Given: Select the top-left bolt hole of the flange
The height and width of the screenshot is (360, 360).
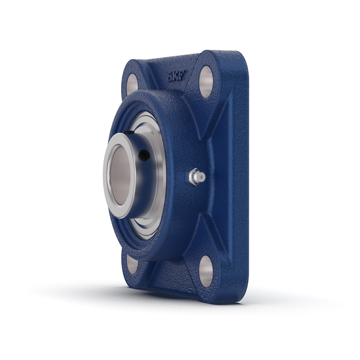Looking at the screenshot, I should point(132,83).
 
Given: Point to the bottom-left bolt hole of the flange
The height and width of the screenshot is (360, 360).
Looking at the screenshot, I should point(132,264).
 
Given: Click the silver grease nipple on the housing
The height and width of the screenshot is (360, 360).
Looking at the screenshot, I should point(196,176).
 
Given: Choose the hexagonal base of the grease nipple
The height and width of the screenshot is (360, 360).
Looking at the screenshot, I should point(193,176).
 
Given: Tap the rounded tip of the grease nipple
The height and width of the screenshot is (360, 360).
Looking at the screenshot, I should point(202,177).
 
